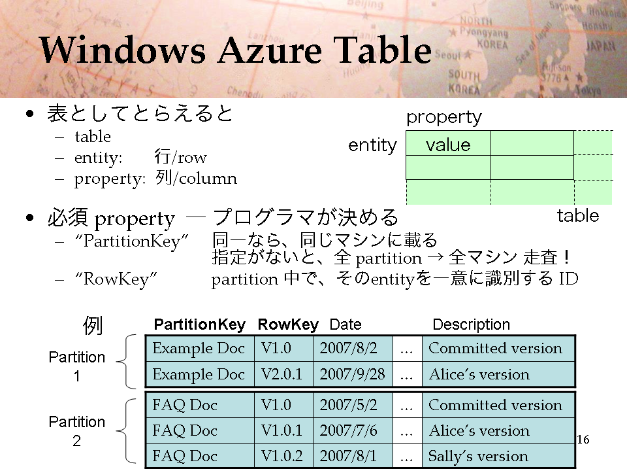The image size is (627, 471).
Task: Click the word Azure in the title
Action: [x=270, y=50]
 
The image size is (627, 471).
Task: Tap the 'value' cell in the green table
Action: [x=448, y=143]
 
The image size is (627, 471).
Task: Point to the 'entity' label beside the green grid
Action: [x=373, y=145]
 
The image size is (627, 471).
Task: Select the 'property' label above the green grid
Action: [x=444, y=118]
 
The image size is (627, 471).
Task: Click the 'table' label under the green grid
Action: [x=578, y=216]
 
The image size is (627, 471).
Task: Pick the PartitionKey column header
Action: [x=200, y=324]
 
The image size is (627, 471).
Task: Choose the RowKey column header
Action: [x=288, y=324]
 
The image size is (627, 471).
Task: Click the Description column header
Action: [x=471, y=324]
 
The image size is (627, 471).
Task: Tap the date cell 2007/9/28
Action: [x=352, y=374]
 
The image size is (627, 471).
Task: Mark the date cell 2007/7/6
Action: [x=348, y=430]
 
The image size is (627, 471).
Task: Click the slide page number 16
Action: [x=583, y=440]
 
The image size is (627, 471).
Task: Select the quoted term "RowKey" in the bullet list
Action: [x=116, y=279]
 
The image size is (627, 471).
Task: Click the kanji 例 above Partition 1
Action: [x=93, y=325]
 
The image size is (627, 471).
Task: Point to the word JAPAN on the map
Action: [x=600, y=46]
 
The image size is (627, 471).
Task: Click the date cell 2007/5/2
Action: [x=348, y=405]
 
